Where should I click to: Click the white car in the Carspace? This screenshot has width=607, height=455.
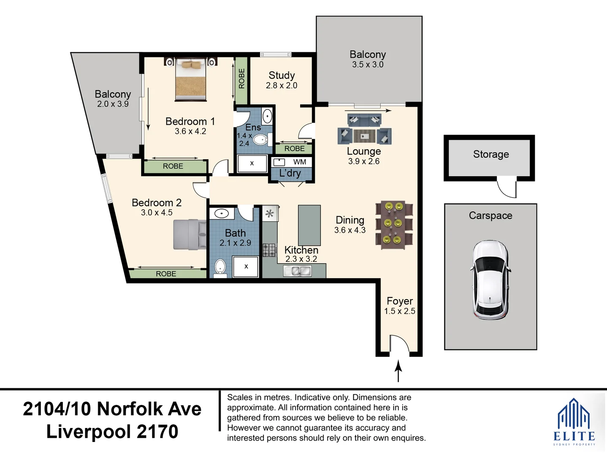point(490,280)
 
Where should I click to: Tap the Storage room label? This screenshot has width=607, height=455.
point(491,154)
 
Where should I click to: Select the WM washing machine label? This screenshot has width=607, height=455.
point(300,162)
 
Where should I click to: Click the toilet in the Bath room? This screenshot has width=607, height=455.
point(220,268)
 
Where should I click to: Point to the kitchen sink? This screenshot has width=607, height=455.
point(298,271)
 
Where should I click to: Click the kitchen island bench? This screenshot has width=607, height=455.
point(309,225)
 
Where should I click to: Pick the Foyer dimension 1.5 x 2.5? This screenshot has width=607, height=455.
point(400,311)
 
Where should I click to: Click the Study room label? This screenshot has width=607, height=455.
point(282,75)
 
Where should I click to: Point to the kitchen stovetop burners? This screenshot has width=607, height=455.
point(269,250)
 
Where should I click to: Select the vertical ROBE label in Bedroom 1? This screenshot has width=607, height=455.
point(242,79)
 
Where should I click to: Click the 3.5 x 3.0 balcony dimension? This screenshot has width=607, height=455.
point(368,64)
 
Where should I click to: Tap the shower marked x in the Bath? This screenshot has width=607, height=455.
point(246,267)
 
